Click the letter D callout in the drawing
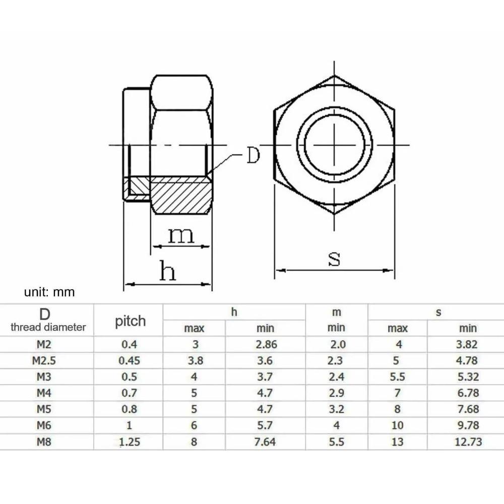pos(253,156)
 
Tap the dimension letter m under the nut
pos(181,235)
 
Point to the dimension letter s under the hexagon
pos(334,259)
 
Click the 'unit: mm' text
pos(49,292)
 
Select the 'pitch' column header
pos(130,321)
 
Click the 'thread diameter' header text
pos(48,327)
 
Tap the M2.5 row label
pos(44,361)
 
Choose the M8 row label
pos(44,443)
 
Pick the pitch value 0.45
pos(129,361)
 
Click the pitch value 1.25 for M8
pos(129,443)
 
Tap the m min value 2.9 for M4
pos(336,393)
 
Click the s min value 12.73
pos(467,443)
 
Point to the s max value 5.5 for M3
pos(397,377)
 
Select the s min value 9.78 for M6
pos(467,426)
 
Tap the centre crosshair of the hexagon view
pos(334,145)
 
